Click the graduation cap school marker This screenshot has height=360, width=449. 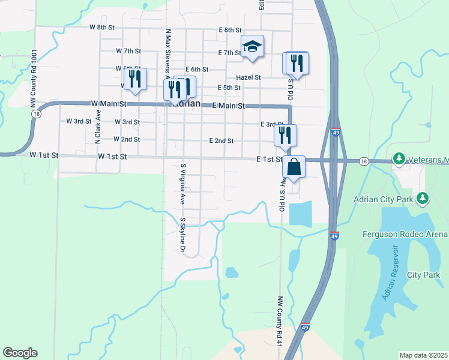tap(253, 47)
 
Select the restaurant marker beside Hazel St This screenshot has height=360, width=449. tap(296, 62)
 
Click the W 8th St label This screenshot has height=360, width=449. tap(102, 27)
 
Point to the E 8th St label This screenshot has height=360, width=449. tap(230, 29)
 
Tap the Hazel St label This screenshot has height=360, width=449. tap(249, 77)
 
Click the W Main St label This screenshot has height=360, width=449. tap(109, 104)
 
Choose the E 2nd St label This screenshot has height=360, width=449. tap(221, 140)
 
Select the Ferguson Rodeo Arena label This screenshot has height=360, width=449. tap(405, 233)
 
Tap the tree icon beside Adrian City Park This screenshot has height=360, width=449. tap(423, 197)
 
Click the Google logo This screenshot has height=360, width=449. tap(20, 353)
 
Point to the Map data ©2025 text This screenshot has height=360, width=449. tap(423, 355)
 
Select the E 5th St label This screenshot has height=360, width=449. tap(229, 88)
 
